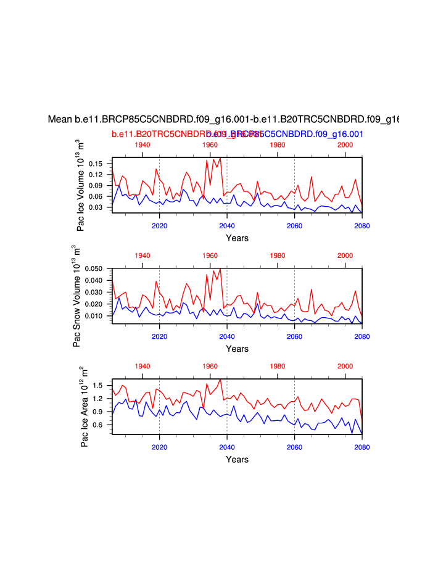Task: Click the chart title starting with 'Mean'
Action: point(223,120)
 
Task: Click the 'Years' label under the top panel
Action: point(237,238)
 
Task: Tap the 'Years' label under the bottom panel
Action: point(237,459)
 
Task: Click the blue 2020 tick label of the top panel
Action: point(160,225)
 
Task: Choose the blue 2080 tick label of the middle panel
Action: point(361,336)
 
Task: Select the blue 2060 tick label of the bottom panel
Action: point(294,447)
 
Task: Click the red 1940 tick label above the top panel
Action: point(142,144)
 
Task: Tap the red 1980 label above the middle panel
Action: point(278,255)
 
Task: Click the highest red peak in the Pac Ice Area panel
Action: point(220,380)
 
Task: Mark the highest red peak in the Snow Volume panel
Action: point(220,268)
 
